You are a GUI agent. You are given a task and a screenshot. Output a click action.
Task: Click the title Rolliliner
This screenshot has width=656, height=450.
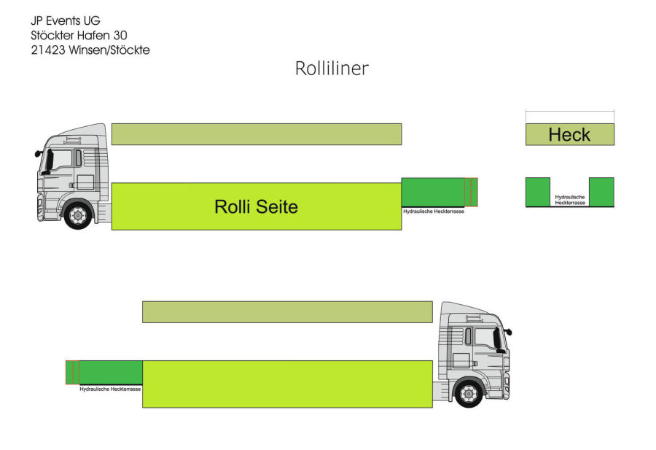coord(332,69)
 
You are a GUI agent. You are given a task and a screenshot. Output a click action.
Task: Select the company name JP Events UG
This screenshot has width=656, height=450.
coord(66,20)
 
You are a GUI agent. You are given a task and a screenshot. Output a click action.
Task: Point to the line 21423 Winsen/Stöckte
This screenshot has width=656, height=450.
coord(90,50)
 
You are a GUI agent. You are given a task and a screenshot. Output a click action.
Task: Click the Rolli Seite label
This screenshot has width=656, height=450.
coord(256,207)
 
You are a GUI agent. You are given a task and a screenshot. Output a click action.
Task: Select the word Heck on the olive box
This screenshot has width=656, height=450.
coord(569,135)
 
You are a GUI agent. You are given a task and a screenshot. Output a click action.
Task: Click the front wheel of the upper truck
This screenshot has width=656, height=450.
coord(77,214)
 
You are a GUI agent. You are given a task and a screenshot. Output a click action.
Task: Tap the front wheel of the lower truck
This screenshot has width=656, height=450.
coord(467,393)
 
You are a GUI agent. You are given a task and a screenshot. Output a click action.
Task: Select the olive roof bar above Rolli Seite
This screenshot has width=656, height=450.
coord(256,134)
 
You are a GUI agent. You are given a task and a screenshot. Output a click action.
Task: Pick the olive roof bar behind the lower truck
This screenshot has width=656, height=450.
coord(287,312)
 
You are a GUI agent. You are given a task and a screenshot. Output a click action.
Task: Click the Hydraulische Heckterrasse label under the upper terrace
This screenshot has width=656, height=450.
coord(434,212)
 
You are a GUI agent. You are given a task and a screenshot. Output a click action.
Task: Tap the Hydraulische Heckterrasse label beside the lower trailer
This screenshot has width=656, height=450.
coord(110,389)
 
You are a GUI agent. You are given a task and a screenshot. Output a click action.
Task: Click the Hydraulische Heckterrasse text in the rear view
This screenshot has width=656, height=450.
coord(569,200)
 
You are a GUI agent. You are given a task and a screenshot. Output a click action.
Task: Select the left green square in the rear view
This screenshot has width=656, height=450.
coord(538,192)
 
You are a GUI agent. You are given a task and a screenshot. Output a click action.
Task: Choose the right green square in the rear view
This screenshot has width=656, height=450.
coord(601,192)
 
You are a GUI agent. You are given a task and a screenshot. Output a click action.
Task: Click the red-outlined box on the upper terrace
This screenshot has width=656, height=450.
coord(471,192)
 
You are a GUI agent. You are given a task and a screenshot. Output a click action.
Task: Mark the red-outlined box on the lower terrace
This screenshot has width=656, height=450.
coord(72,372)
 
